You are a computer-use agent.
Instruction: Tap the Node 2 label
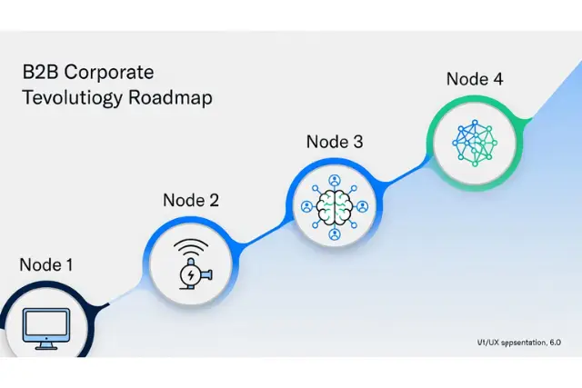[x=190, y=200]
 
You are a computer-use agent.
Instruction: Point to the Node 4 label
[x=474, y=78]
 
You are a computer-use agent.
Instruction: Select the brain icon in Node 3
[x=334, y=208]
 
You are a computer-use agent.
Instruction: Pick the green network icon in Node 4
[x=474, y=144]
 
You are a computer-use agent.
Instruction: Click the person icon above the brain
[x=334, y=180]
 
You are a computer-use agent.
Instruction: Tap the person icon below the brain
[x=334, y=236]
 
